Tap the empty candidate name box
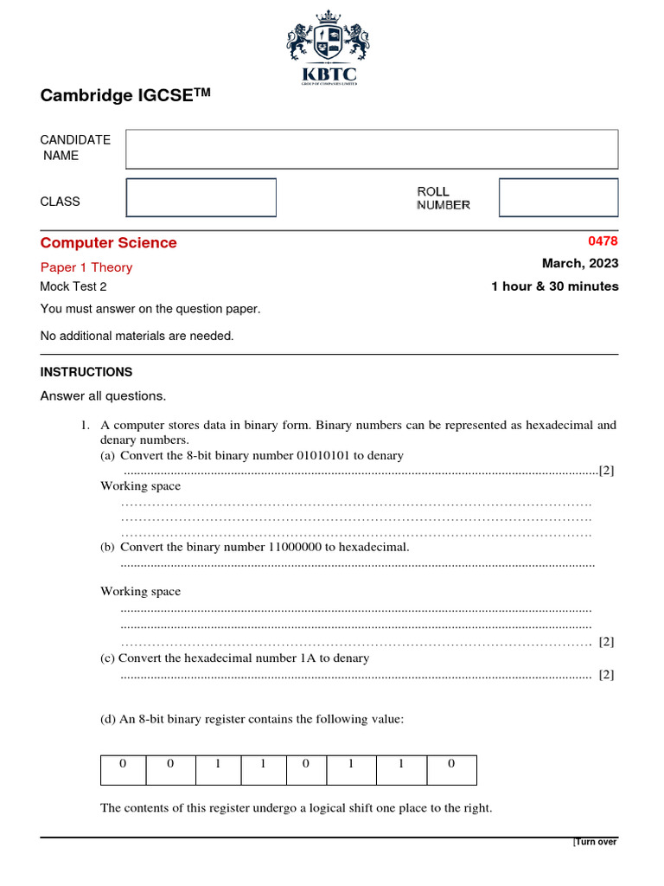tap(372, 149)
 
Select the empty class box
tap(201, 197)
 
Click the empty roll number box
tap(559, 197)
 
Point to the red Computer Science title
tap(109, 243)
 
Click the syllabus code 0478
tap(603, 241)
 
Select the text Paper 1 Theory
tap(86, 267)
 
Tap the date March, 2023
tap(580, 264)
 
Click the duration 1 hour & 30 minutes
tap(555, 286)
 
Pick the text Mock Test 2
tap(73, 287)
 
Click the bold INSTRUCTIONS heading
tap(86, 372)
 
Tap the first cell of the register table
tap(123, 763)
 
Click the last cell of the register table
tap(451, 763)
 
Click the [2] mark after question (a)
tap(606, 471)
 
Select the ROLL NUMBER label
tap(444, 198)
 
